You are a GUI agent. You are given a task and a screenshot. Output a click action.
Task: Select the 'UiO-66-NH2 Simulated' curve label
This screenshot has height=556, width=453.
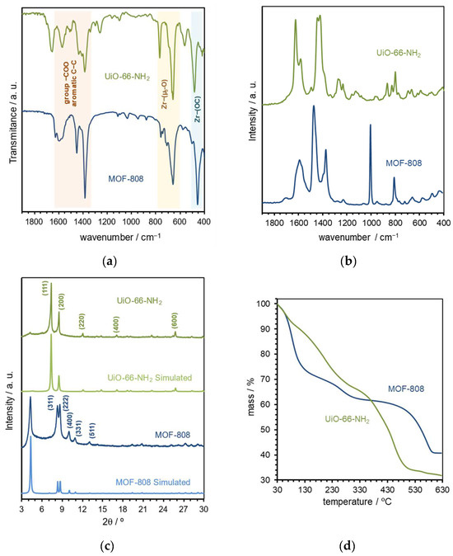147,378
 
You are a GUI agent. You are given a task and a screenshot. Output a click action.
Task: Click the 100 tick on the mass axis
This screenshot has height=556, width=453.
265,304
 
